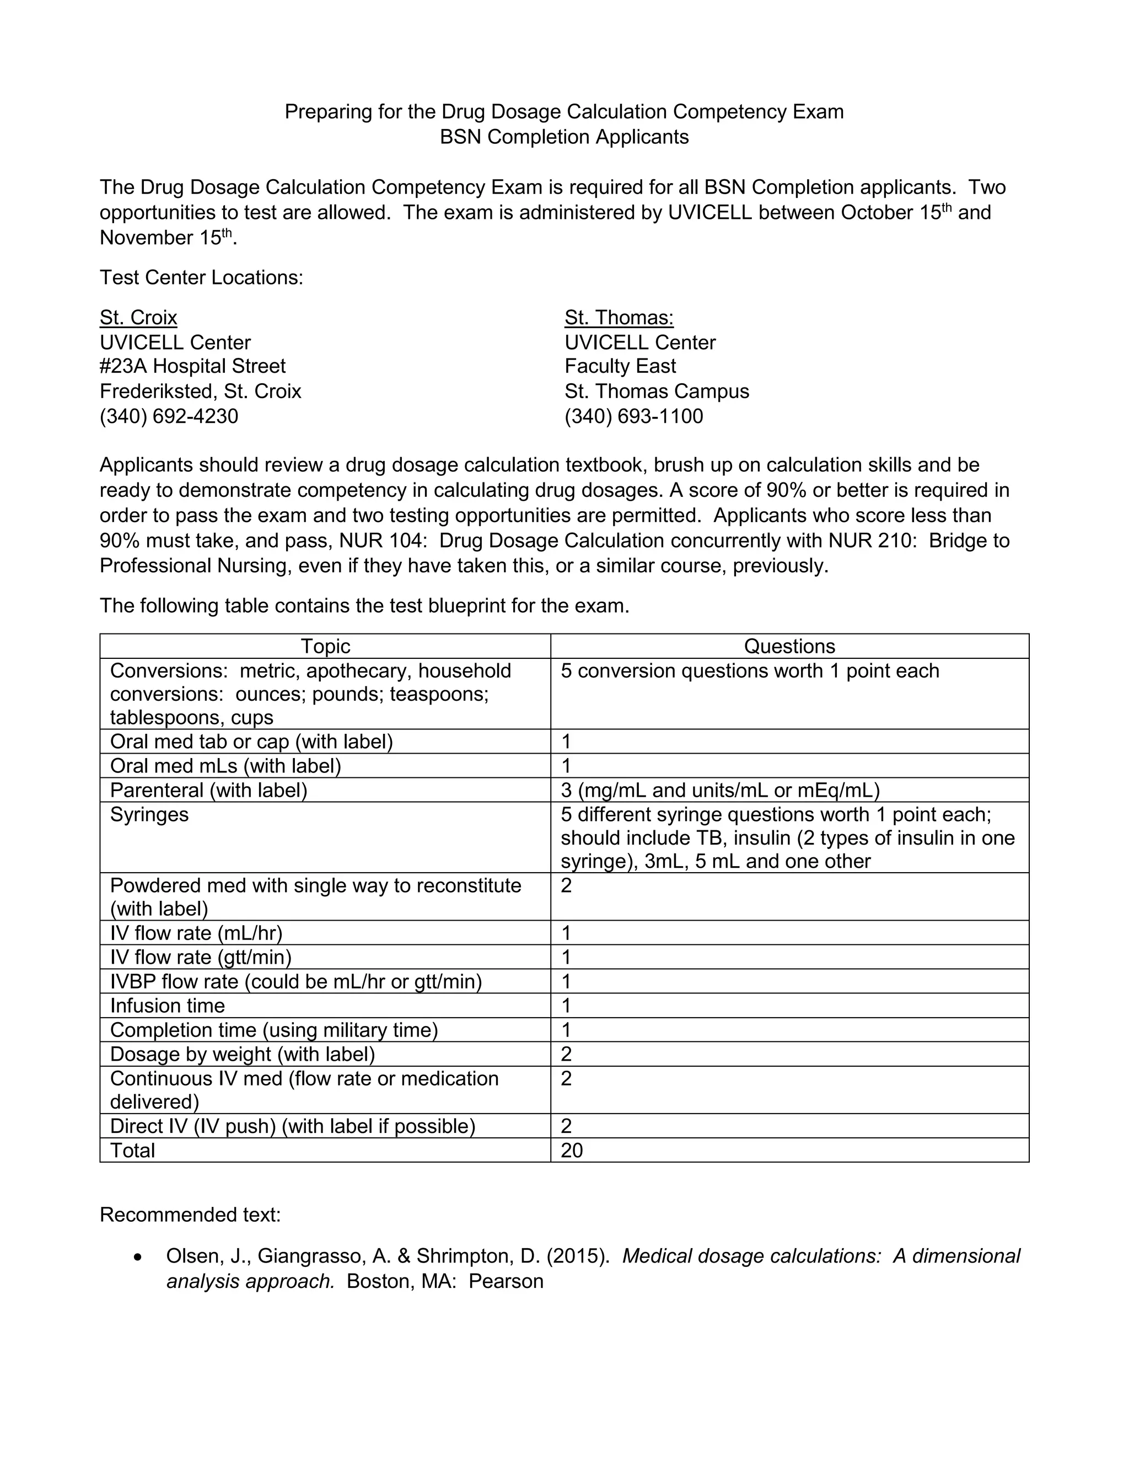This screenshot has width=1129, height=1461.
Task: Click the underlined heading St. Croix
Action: pos(138,317)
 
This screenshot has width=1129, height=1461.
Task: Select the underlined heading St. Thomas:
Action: pos(619,317)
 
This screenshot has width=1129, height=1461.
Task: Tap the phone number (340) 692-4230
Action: pos(169,416)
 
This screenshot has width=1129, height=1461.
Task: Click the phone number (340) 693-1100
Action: pos(633,416)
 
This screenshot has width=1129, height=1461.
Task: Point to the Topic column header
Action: pos(325,646)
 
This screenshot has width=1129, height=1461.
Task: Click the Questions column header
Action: pos(789,646)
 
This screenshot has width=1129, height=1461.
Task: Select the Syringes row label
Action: pos(149,814)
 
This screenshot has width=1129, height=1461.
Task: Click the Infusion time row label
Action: pos(167,1006)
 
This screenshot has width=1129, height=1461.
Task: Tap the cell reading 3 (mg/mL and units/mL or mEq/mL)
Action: pos(719,790)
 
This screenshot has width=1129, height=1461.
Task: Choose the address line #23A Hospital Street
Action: pos(192,366)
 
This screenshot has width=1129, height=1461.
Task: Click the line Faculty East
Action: pos(620,366)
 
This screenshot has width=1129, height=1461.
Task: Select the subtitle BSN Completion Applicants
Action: pos(564,137)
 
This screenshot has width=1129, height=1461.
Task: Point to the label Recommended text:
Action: pos(190,1214)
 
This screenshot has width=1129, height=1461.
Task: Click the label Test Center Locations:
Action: pos(201,277)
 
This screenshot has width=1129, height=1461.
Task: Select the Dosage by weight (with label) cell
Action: pos(242,1054)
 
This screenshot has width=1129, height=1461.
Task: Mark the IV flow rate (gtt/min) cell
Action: pos(201,957)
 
